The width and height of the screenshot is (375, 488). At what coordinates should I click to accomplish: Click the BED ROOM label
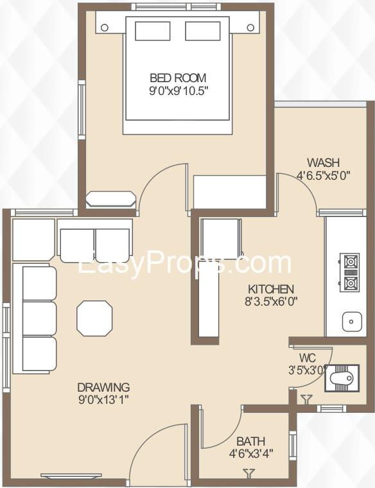point(178,78)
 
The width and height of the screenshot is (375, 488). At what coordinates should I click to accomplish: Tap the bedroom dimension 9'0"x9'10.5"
point(179,91)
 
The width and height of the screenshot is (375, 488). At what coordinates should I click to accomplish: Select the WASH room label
point(323,162)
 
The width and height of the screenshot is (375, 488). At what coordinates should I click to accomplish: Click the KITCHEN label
point(271,289)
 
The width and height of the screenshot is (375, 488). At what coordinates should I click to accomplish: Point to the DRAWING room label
point(103,387)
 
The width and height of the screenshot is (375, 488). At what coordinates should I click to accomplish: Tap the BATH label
point(251,441)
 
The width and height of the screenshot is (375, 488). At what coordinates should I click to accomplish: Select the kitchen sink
point(352,322)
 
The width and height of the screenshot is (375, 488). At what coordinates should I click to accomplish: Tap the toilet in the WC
point(342,378)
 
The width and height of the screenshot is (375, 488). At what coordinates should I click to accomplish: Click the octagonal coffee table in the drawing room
point(94,318)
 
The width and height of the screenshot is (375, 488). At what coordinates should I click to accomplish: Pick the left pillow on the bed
point(152,31)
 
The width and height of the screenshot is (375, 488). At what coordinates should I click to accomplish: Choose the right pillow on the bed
point(203,31)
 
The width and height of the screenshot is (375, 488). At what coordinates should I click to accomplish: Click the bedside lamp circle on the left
point(105,28)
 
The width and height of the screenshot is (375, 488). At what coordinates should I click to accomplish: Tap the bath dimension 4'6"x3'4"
point(251,454)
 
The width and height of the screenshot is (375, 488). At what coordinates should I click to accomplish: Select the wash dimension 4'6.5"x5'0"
point(324,175)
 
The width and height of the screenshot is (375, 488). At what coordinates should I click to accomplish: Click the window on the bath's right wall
point(293,444)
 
